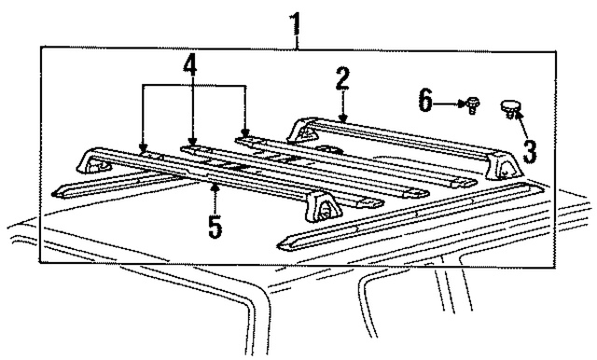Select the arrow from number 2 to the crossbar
coord(343,107)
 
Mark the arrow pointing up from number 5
coord(215,198)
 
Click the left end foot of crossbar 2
coord(300,128)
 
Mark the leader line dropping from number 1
coord(298,35)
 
